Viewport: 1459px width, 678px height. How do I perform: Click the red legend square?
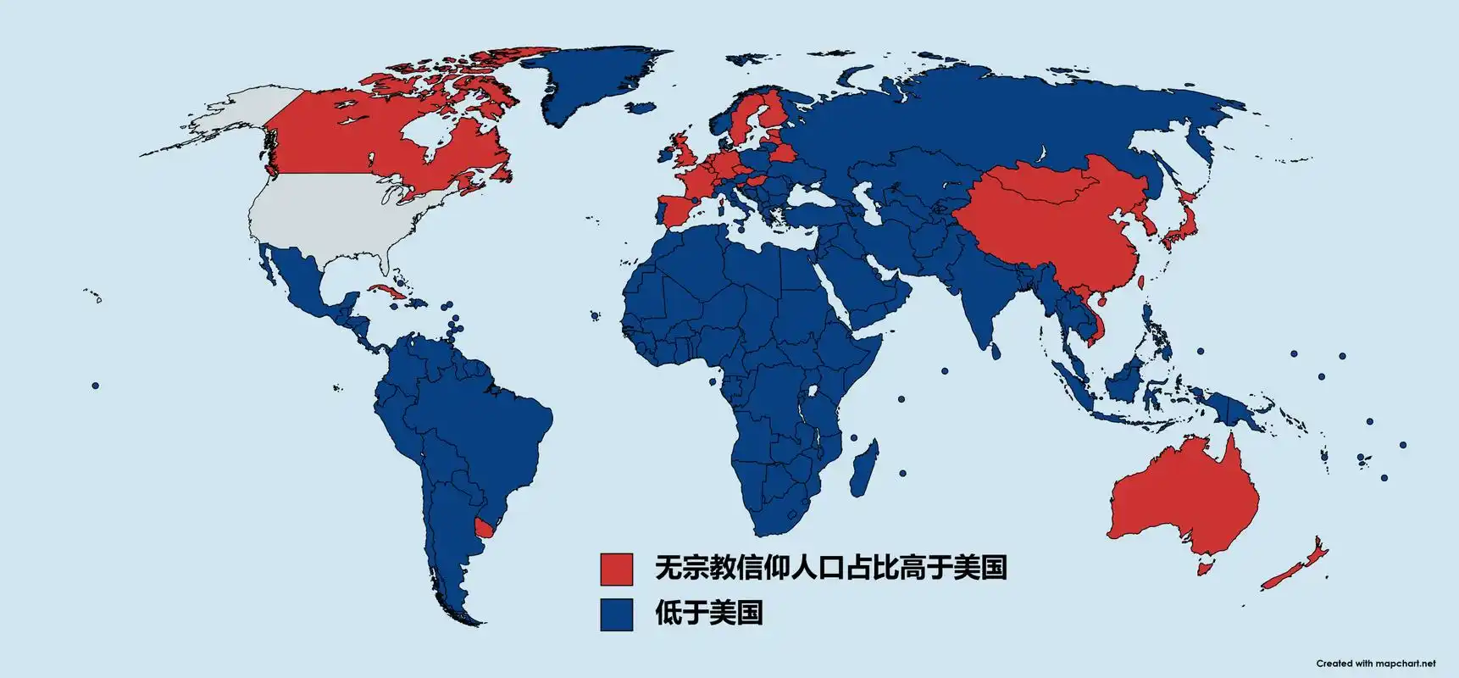click(x=616, y=569)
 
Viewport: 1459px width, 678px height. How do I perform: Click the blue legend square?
click(x=616, y=614)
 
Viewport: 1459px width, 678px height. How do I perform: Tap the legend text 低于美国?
click(x=708, y=612)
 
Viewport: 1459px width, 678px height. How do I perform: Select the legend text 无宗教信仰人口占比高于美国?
click(x=830, y=567)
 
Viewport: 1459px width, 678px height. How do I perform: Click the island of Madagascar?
click(x=866, y=463)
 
